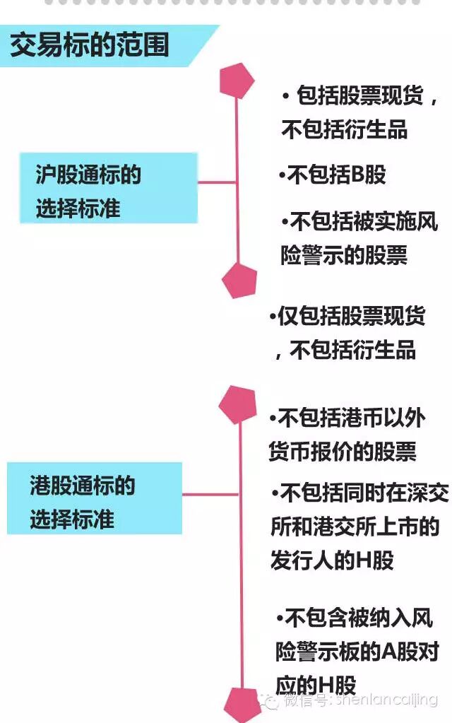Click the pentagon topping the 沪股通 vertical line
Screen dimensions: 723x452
[237, 81]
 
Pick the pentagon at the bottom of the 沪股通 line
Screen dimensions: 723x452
[239, 279]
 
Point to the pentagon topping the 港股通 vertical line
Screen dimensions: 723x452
[237, 405]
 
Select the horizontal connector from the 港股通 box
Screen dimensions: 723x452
[211, 494]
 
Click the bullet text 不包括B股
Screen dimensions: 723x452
[332, 175]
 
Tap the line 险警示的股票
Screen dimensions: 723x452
[344, 255]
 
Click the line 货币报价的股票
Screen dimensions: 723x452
[343, 452]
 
